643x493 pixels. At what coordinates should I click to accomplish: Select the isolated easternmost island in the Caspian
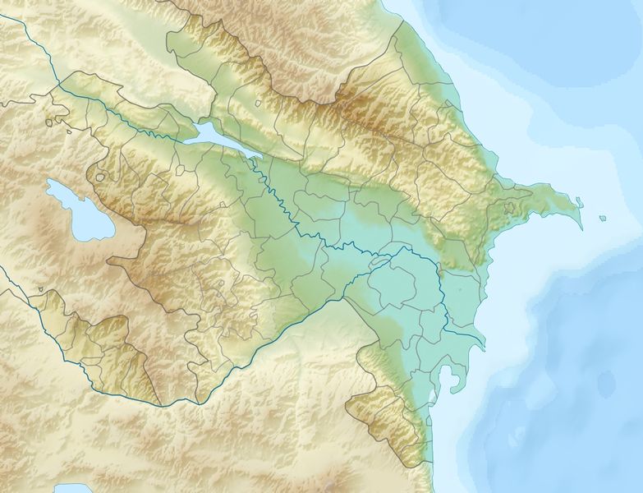(603, 218)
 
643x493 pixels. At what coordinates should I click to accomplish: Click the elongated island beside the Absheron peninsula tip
(580, 201)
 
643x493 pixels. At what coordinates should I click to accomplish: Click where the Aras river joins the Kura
(379, 260)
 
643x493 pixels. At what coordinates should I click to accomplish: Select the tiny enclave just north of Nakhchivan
(39, 289)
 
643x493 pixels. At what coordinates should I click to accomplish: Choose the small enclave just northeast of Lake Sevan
(100, 177)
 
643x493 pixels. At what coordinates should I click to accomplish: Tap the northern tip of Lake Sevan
(49, 183)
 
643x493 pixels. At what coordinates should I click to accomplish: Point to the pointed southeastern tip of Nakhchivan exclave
(156, 403)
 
